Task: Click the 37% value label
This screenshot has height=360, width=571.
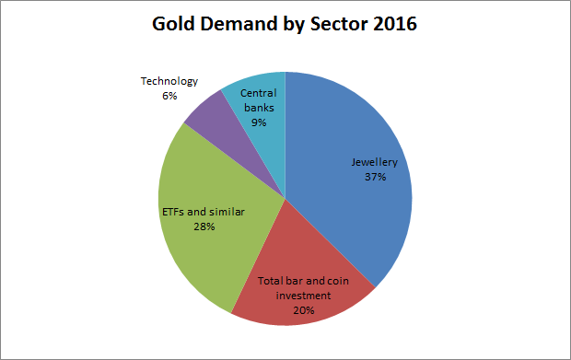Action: click(374, 178)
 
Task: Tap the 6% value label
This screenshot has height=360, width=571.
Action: click(169, 95)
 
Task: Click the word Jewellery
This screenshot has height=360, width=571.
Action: click(374, 163)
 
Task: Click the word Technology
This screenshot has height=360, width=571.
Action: click(169, 81)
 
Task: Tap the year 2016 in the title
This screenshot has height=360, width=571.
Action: click(393, 25)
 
